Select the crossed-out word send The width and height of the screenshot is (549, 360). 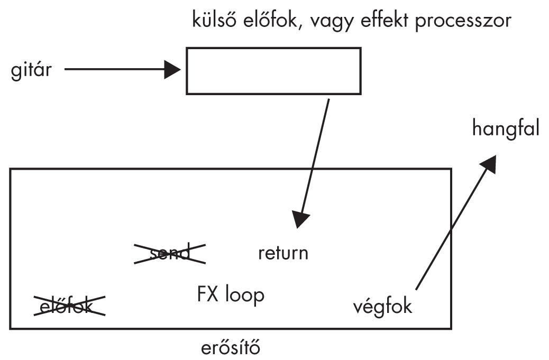point(170,254)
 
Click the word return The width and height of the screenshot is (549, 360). point(283,253)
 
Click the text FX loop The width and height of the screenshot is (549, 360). point(228,294)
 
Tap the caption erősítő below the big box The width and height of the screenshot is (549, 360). point(231,349)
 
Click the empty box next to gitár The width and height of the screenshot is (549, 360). point(273,71)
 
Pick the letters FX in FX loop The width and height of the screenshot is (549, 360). point(205,294)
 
